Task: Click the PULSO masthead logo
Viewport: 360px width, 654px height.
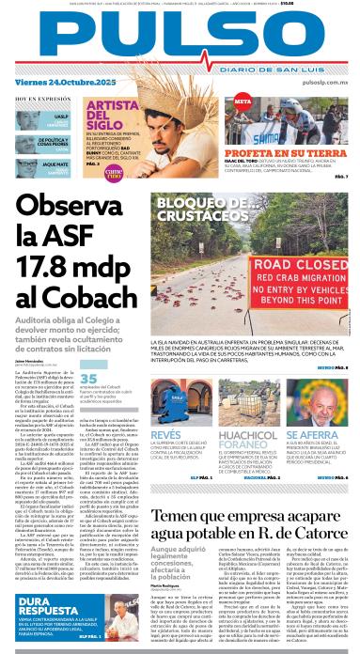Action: pos(179,40)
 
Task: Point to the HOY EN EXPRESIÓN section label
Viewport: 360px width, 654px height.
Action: pos(37,99)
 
